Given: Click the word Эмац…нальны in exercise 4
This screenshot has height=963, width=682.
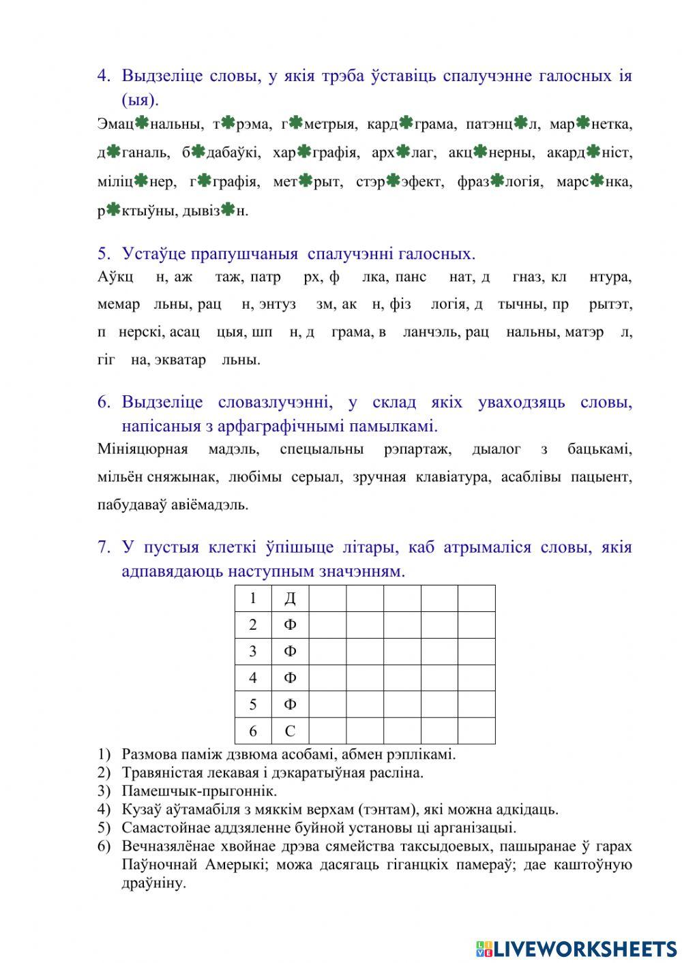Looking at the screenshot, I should (x=149, y=124).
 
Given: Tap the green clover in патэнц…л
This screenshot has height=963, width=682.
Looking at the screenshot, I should (x=520, y=123).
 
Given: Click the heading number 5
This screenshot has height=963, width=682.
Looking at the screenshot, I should (x=104, y=254).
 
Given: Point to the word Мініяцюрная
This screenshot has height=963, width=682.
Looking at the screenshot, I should (x=142, y=449).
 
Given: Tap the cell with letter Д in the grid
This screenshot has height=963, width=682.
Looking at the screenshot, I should (x=290, y=598).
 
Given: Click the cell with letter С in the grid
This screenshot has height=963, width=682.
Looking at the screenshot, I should (x=290, y=731).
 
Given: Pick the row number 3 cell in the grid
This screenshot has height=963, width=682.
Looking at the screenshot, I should (x=253, y=652).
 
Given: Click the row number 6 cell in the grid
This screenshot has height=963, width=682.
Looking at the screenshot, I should (x=253, y=731).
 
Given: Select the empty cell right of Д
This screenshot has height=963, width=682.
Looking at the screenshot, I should (x=327, y=598).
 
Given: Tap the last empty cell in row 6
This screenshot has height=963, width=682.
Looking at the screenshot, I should (x=476, y=731).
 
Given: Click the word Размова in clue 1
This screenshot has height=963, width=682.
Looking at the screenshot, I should (x=149, y=754).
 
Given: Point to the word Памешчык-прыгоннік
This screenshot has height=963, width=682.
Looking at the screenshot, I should (x=199, y=791).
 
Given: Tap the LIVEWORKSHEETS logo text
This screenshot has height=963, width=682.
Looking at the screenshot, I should (x=584, y=948).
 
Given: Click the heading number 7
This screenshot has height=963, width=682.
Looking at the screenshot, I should (x=104, y=547).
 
